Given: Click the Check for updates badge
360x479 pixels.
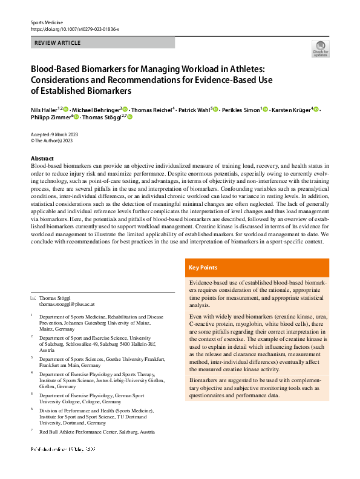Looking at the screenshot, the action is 320,48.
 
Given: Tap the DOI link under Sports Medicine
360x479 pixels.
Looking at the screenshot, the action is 74,28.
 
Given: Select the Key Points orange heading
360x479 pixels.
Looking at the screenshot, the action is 203,268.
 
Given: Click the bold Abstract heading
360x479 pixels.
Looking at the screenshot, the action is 42,157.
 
